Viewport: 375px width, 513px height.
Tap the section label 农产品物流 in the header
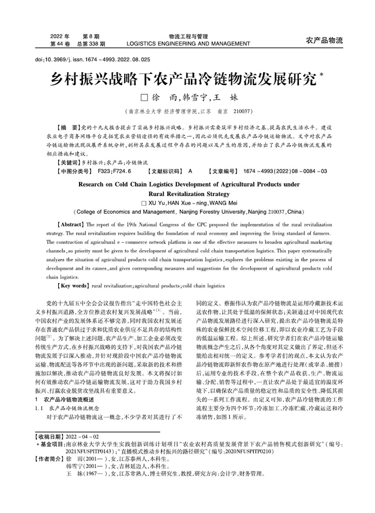324,40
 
